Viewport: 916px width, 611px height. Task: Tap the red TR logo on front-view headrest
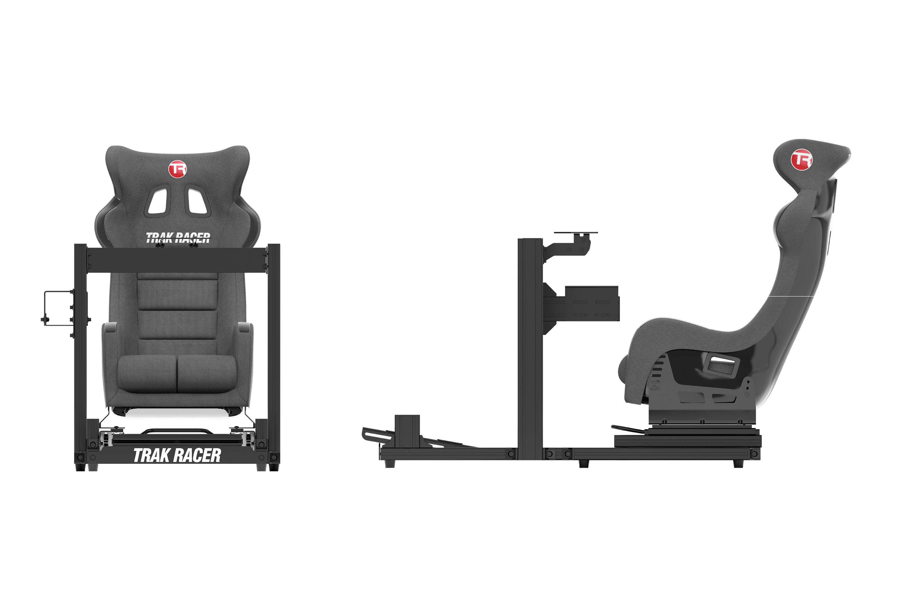coord(178,169)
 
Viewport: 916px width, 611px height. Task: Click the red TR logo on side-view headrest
coord(801,159)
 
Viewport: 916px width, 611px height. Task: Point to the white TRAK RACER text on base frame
coord(177,456)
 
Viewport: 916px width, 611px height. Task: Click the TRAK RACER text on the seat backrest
coord(178,237)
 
